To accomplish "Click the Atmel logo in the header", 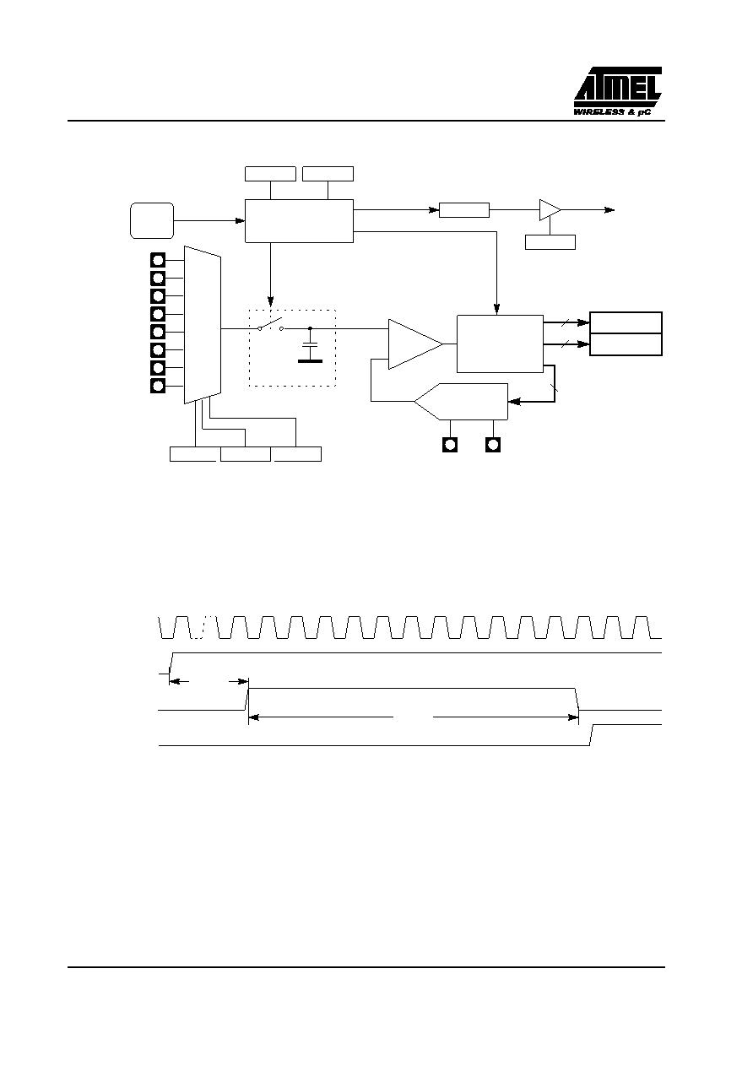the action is pos(617,87).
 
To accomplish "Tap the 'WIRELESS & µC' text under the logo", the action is pos(612,112).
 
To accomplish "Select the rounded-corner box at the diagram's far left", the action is pos(152,221).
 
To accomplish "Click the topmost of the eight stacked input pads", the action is pos(158,260).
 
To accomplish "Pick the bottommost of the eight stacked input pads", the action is pos(158,386).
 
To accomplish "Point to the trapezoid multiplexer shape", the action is pos(203,325).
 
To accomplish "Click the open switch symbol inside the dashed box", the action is pos(270,325).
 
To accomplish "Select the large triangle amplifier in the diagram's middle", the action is pos(415,344).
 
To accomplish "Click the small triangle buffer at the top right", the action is pos(550,210).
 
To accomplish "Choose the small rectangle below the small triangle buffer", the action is pos(550,242).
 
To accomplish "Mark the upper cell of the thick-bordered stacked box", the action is pos(626,322).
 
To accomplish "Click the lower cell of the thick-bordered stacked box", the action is pos(626,344).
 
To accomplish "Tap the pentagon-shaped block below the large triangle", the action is pos(461,402).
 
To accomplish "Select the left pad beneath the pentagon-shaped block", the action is pos(450,445).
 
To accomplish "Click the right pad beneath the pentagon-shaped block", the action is pos(493,445).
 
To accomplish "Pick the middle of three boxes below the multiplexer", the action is pos(246,454).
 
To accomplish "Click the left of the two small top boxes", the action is pos(270,174).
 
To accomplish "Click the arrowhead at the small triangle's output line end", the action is pos(609,210).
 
